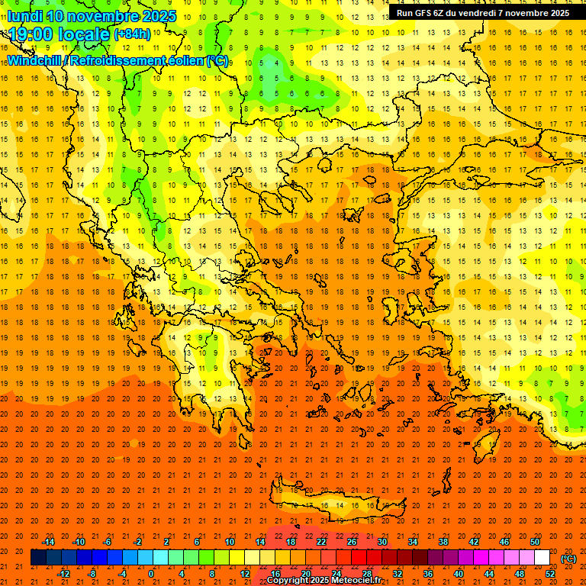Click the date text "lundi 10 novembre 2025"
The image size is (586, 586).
[92, 16]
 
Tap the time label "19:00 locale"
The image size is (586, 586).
[58, 34]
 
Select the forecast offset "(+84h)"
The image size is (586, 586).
[132, 35]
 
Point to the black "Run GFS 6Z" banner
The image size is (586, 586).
[482, 13]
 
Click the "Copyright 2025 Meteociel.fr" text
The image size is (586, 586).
[324, 581]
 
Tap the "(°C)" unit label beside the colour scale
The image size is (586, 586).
[568, 559]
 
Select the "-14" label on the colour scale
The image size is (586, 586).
[48, 542]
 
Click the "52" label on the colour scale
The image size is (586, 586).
[549, 574]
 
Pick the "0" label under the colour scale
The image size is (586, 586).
[151, 574]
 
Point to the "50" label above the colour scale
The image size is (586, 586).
[534, 542]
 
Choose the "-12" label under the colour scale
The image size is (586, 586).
[63, 574]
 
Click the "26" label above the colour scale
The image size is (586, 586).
[352, 542]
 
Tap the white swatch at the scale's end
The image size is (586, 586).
[542, 558]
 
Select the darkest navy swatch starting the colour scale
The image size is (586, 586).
[38, 558]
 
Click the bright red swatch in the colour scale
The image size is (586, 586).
[359, 558]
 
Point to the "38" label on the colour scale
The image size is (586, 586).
[443, 542]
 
